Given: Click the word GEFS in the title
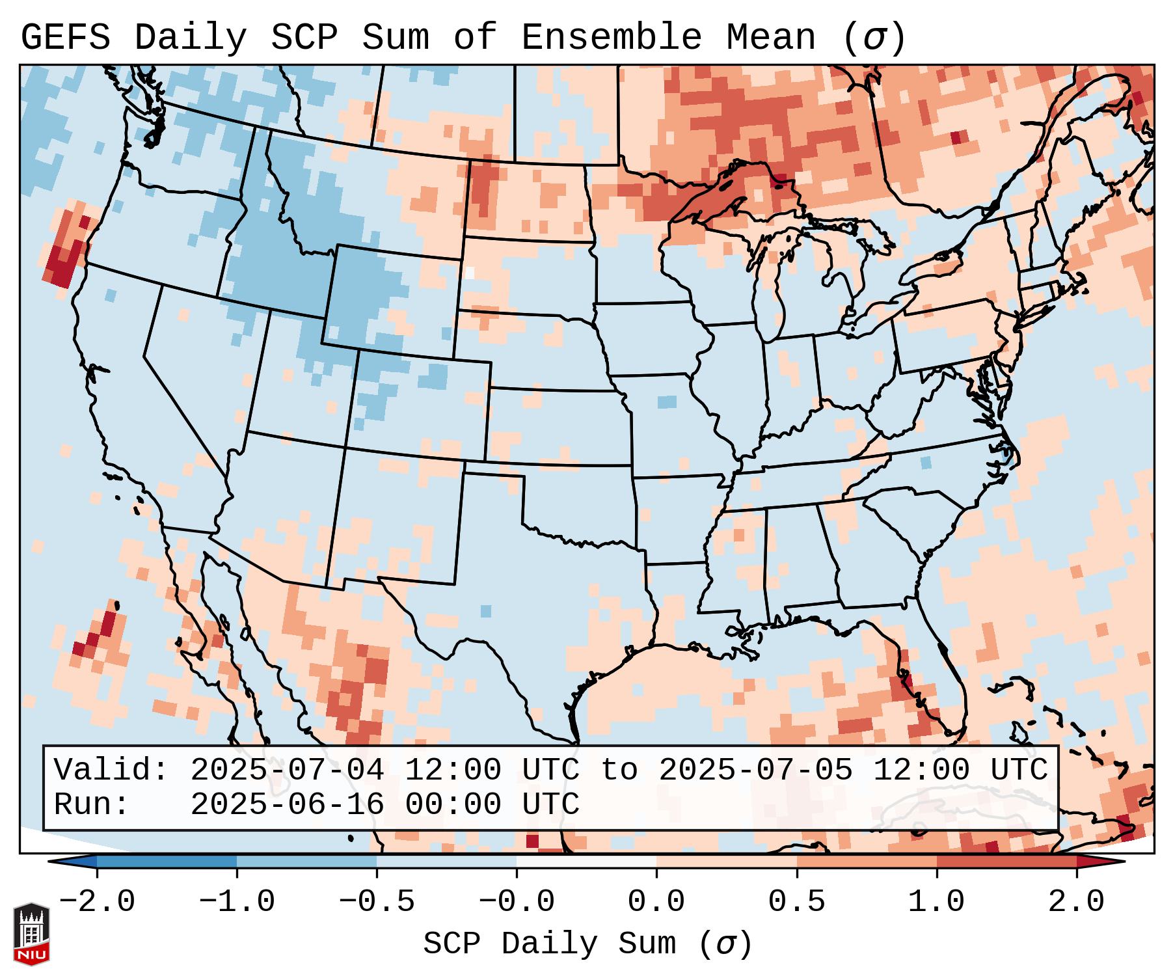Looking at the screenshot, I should (x=65, y=37).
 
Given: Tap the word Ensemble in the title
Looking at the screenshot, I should (x=611, y=37).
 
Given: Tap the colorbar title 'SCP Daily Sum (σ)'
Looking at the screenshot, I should (x=587, y=944).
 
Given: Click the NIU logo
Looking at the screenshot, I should (x=31, y=934).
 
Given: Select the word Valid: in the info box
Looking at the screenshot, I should (x=111, y=770).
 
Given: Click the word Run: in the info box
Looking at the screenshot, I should (x=92, y=805).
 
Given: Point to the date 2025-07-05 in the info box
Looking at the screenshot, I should (x=755, y=770).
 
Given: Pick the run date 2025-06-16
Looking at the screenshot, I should (x=287, y=805).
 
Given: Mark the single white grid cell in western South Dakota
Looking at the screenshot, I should (x=470, y=273).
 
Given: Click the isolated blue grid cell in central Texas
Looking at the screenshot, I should (x=486, y=611).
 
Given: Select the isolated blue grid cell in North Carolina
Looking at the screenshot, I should (x=926, y=463).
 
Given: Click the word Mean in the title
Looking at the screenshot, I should (x=770, y=37).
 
